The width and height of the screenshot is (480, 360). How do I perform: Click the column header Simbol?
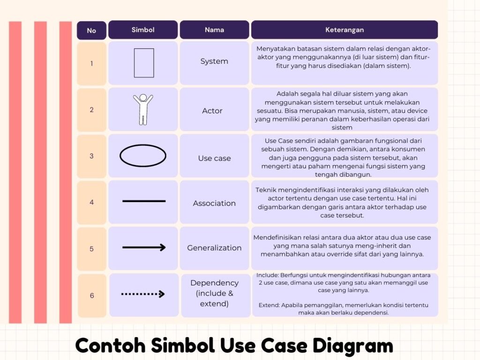[143, 30]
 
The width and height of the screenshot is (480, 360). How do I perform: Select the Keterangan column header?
[345, 30]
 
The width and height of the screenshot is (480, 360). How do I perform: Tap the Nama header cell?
[214, 30]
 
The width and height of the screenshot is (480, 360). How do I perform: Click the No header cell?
[91, 30]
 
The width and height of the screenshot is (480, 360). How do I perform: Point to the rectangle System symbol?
[144, 63]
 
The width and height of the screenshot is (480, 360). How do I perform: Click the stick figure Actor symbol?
[143, 109]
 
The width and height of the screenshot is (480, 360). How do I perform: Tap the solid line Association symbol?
[144, 201]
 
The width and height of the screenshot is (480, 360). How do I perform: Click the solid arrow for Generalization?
[144, 247]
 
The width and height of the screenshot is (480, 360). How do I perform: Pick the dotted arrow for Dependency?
[143, 294]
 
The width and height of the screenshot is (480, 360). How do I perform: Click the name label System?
[214, 61]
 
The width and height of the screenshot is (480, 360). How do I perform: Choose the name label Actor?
[212, 111]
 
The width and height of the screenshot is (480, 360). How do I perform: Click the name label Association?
[214, 203]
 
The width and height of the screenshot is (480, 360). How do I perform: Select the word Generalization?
[214, 248]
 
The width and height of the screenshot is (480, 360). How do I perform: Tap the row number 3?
[91, 156]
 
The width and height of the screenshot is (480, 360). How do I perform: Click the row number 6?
[92, 296]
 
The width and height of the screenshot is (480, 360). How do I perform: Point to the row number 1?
[91, 63]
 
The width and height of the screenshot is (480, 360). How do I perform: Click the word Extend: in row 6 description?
[269, 305]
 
